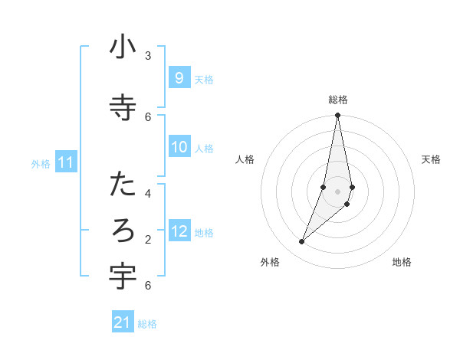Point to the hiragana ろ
[123, 231]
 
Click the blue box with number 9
[179, 78]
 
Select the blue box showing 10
[179, 147]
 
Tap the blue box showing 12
[179, 231]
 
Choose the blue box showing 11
[66, 162]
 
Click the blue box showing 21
[123, 322]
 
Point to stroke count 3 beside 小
[147, 55]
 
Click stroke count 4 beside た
[147, 193]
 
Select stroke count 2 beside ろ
[147, 239]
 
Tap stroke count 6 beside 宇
[147, 286]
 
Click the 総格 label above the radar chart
[338, 100]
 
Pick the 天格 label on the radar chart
[431, 159]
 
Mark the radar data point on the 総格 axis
[337, 115]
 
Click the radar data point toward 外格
[301, 242]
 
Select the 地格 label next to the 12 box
[204, 233]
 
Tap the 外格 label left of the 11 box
[40, 164]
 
